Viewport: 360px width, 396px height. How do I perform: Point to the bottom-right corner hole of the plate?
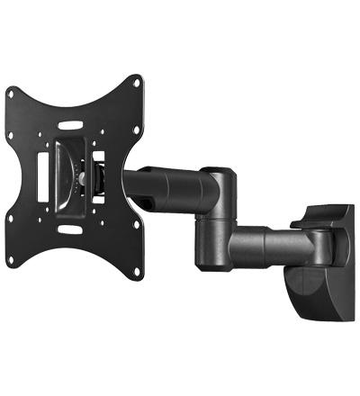137,272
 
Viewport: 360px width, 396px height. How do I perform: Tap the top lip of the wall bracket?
328,215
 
